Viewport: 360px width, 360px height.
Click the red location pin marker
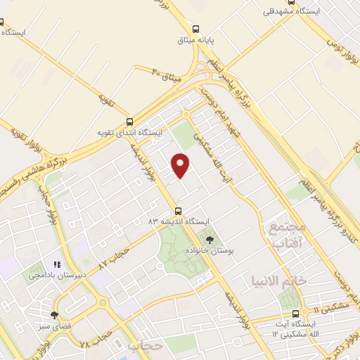(181, 165)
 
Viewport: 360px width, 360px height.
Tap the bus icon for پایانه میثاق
(196, 29)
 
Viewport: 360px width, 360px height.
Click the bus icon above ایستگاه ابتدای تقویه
(128, 121)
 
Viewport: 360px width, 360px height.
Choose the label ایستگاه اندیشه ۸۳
(178, 221)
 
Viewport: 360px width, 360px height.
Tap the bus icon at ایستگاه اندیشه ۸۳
(178, 210)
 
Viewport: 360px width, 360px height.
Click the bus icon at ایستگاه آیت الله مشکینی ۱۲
(295, 314)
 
